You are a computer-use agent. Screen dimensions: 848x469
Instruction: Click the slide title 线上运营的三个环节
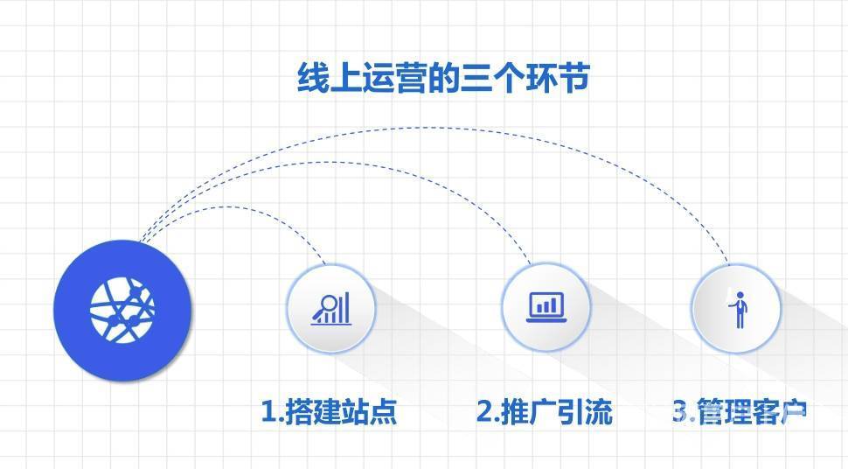(443, 79)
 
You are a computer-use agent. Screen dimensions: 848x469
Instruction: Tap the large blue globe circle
(122, 311)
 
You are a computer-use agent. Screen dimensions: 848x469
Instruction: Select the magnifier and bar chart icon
(331, 308)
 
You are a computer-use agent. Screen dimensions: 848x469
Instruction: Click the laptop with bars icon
(546, 307)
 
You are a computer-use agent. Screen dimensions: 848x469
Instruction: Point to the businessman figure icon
(738, 309)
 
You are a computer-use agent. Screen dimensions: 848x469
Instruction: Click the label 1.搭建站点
(329, 411)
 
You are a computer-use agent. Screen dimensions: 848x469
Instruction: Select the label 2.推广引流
(544, 411)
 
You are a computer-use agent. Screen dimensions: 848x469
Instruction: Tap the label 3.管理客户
(740, 411)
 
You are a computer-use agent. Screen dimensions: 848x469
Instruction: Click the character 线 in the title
(313, 79)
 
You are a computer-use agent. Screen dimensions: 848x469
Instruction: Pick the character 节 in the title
(573, 79)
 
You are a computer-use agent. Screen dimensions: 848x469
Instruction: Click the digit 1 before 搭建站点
(269, 411)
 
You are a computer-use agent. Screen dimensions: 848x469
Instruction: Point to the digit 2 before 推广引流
(485, 411)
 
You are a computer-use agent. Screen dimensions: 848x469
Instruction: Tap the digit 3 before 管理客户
(681, 411)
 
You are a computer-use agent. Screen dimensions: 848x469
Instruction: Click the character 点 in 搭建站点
(383, 411)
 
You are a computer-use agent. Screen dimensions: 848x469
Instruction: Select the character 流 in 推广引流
(599, 411)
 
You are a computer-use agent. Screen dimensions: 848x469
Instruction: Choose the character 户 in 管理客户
(794, 411)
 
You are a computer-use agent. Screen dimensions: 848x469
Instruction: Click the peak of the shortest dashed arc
(227, 206)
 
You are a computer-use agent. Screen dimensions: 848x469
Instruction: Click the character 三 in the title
(476, 79)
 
